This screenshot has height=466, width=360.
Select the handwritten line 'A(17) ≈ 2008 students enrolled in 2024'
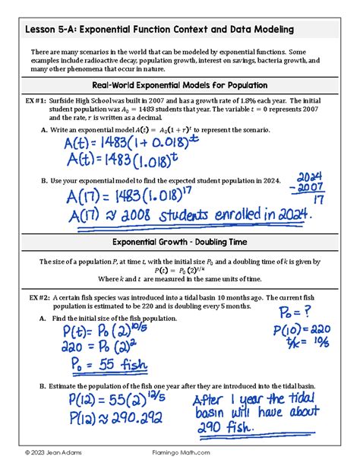pyautogui.click(x=190, y=216)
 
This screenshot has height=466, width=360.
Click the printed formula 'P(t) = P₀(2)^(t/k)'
pyautogui.click(x=180, y=269)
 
